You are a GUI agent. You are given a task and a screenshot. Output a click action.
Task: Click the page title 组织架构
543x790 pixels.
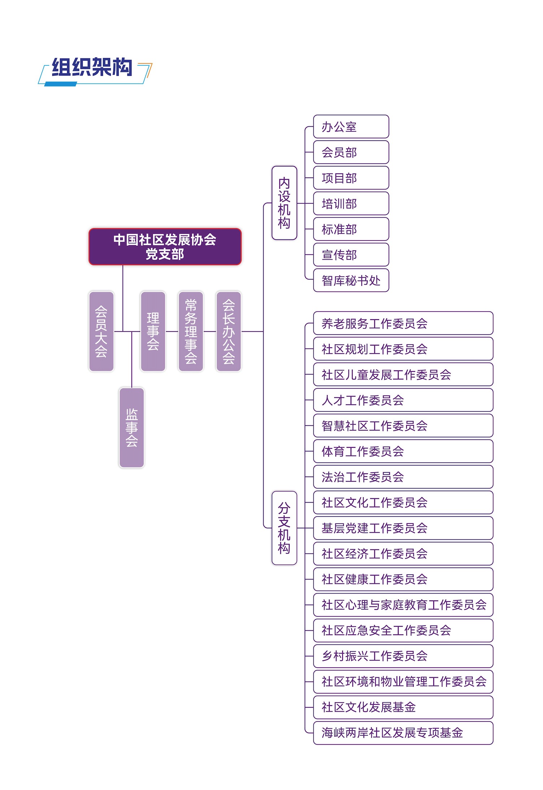[x=92, y=68]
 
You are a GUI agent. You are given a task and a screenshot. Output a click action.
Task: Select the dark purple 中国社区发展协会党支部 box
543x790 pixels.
[x=165, y=247]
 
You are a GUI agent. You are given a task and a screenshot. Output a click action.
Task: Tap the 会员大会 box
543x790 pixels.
[x=101, y=331]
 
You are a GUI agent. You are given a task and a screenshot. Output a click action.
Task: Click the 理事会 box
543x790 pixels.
[x=153, y=331]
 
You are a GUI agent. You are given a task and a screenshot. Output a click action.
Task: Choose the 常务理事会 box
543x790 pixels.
[x=191, y=331]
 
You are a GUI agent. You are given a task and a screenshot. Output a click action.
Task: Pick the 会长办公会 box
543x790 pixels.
[x=229, y=331]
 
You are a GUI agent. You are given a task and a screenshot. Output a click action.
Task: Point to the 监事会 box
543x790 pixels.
[x=132, y=428]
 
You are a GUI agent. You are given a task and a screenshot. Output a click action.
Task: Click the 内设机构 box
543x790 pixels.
[x=284, y=203]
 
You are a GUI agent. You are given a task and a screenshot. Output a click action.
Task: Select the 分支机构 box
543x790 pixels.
[x=284, y=528]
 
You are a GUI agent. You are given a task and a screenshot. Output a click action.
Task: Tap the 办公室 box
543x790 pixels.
[x=351, y=127]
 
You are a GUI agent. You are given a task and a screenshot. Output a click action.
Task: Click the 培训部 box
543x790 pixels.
[x=351, y=204]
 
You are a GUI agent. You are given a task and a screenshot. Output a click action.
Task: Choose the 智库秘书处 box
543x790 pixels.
[x=351, y=281]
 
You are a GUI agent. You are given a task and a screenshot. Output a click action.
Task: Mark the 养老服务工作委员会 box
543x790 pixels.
[x=403, y=324]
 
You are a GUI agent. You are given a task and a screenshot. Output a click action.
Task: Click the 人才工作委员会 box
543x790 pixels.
[x=403, y=400]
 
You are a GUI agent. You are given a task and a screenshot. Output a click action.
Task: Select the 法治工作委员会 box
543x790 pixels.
[x=403, y=477]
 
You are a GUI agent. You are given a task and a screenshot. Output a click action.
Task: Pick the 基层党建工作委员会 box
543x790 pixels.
[x=403, y=528]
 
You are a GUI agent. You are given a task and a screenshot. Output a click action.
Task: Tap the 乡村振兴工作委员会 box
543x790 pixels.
[x=403, y=656]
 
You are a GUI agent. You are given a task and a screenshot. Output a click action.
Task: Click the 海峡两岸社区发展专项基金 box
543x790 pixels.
[x=403, y=733]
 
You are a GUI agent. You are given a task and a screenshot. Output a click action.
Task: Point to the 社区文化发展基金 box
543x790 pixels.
[x=403, y=707]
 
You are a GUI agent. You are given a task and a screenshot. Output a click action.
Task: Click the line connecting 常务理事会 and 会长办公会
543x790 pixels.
[x=210, y=331]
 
